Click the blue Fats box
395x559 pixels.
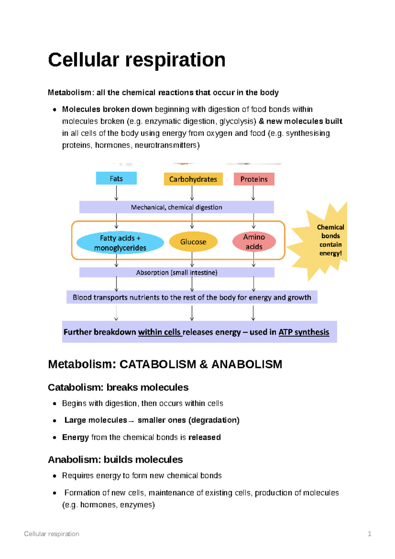[116, 178]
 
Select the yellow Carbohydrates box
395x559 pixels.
[193, 179]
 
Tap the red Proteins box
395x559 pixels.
[254, 179]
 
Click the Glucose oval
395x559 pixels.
[193, 242]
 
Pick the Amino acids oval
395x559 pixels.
[254, 242]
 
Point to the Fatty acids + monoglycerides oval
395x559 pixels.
[120, 243]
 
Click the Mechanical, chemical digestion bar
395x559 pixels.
[176, 207]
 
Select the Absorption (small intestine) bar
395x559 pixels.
[177, 272]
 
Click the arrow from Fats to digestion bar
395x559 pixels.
[116, 193]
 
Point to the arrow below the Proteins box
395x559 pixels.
[253, 193]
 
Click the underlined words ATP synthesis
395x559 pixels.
[303, 332]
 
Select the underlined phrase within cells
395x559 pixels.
[159, 332]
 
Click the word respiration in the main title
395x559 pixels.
[175, 60]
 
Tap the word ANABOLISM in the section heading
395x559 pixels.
[247, 364]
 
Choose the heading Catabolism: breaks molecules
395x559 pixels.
[118, 387]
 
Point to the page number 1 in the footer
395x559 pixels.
[369, 534]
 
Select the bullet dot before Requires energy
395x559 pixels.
[55, 476]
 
